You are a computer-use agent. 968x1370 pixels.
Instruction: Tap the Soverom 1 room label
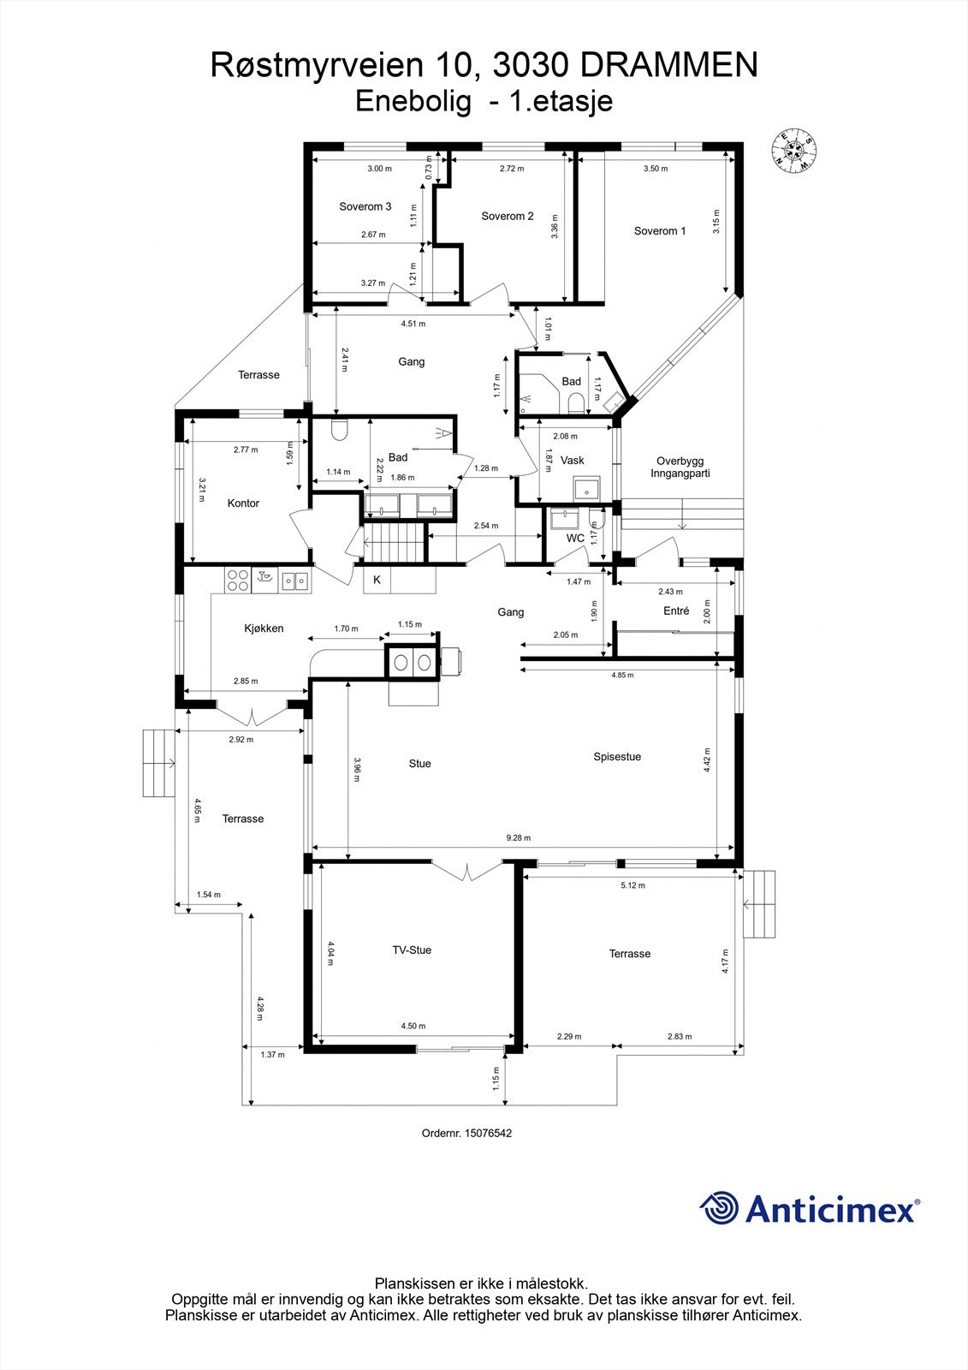click(x=659, y=231)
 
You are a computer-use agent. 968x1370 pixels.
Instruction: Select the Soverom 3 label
click(x=365, y=206)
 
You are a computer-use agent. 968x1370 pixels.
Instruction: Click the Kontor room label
click(x=243, y=503)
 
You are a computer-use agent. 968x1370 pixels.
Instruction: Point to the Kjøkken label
click(x=264, y=628)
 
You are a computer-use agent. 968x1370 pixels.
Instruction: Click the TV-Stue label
click(x=412, y=950)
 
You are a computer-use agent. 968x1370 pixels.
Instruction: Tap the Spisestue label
click(x=617, y=757)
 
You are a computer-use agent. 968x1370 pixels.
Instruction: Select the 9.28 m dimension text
click(x=518, y=838)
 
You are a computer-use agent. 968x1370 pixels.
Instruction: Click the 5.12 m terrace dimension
click(x=632, y=885)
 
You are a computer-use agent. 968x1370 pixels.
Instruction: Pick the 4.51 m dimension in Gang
click(x=413, y=324)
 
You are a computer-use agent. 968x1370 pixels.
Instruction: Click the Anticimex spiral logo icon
click(x=719, y=1208)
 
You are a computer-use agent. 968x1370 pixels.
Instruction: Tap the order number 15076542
click(x=487, y=1133)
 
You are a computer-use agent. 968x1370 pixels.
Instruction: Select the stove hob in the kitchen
click(x=237, y=581)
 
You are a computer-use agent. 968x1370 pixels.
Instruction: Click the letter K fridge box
click(x=377, y=580)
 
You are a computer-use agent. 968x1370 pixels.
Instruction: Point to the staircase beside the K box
click(x=395, y=544)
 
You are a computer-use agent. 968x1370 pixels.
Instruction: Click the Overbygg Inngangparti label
click(x=680, y=467)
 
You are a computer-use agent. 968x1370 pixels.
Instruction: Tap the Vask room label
click(x=572, y=461)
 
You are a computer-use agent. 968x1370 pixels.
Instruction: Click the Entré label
click(x=676, y=611)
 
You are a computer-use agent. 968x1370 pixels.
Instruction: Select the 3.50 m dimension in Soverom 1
click(x=656, y=169)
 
